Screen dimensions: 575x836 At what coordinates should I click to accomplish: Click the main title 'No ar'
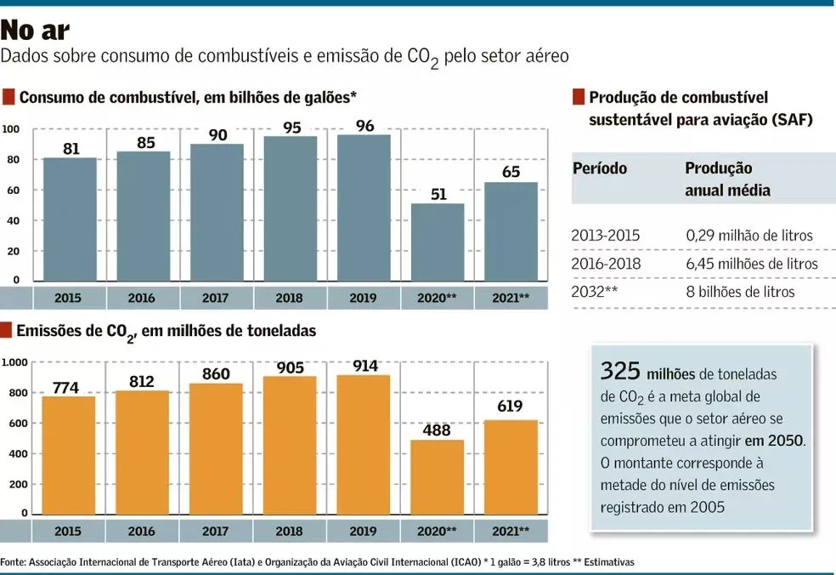36,31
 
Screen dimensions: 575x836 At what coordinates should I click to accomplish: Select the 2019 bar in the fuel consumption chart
364,208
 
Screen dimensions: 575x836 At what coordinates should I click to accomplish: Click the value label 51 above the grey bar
438,194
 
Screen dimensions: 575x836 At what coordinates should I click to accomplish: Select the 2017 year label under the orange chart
216,532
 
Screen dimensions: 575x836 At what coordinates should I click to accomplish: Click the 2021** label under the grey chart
511,299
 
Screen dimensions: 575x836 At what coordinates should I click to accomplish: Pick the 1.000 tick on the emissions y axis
14,363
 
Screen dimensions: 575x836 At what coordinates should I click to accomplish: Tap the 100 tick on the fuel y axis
11,129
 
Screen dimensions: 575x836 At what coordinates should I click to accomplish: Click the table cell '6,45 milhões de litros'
751,264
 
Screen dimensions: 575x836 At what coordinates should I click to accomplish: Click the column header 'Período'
600,168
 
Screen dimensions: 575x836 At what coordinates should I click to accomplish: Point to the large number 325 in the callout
620,372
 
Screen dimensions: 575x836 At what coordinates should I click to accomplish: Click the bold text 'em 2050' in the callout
774,441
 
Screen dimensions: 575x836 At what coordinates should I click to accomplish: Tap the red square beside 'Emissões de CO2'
8,330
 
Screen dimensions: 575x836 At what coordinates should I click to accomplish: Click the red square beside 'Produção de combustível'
579,97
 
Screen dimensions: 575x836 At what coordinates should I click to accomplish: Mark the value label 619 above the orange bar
511,406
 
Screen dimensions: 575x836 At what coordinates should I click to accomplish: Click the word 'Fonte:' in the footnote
13,562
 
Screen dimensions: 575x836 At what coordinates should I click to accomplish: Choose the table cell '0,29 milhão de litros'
748,236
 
